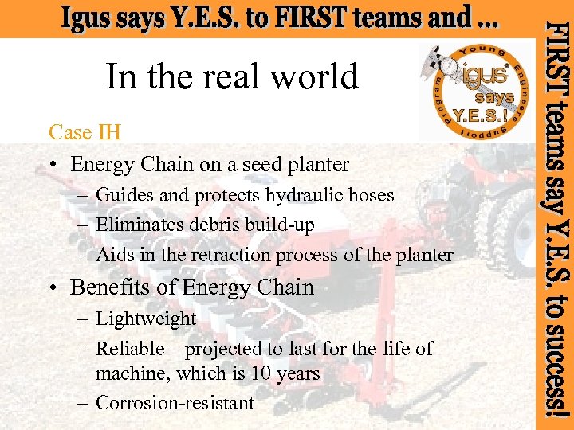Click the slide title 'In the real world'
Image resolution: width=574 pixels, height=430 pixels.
(x=232, y=77)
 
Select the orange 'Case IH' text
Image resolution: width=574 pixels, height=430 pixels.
(x=85, y=131)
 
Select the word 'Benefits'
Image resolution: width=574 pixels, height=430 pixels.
(x=112, y=287)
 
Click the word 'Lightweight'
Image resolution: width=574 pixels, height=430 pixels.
(x=146, y=319)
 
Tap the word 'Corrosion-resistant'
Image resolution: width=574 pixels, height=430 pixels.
(x=175, y=403)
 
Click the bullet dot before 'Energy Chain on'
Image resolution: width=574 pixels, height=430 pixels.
(x=53, y=166)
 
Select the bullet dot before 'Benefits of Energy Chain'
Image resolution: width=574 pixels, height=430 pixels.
(x=53, y=288)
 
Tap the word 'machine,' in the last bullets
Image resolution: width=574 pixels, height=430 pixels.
(x=133, y=373)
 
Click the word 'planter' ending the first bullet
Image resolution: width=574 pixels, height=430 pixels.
(x=322, y=165)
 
